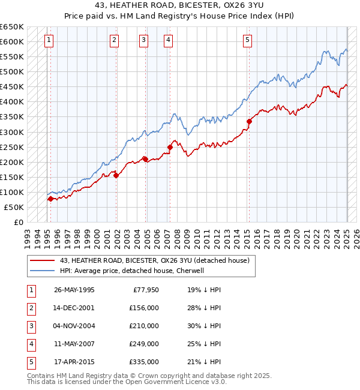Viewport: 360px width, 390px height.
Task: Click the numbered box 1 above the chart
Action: (x=49, y=40)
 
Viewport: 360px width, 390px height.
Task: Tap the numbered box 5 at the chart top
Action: (x=247, y=40)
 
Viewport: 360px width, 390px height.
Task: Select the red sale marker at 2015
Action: (x=248, y=121)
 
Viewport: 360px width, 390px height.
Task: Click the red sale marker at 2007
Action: (x=170, y=147)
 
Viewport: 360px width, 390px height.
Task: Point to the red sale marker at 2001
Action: (x=116, y=175)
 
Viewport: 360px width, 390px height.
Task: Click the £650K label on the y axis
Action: (x=12, y=27)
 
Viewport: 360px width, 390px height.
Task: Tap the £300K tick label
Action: (x=12, y=132)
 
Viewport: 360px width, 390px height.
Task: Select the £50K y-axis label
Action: (x=14, y=207)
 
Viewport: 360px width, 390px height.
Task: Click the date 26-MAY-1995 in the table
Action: (x=74, y=290)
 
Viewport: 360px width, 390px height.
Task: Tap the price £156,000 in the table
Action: (x=144, y=308)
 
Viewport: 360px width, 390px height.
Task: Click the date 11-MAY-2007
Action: (x=74, y=344)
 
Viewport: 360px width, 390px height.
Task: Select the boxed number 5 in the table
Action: (x=31, y=362)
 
